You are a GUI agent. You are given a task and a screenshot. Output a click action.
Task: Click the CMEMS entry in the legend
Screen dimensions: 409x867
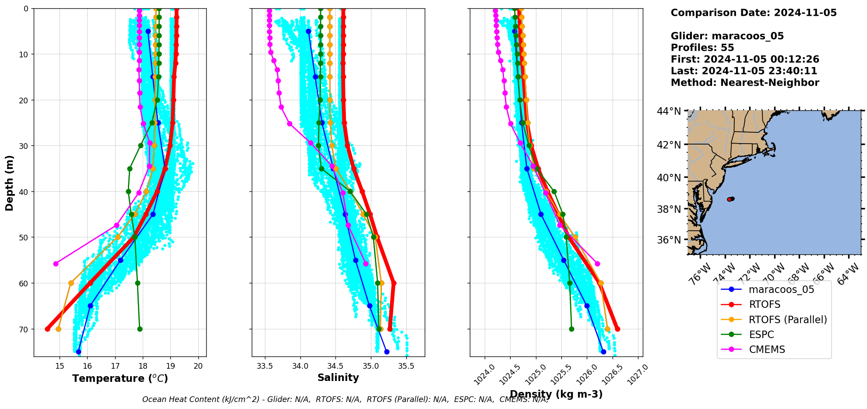coord(767,349)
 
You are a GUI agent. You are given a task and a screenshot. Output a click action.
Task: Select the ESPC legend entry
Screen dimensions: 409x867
coord(761,335)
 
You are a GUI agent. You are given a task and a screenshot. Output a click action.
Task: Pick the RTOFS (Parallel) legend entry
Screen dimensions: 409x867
coord(788,320)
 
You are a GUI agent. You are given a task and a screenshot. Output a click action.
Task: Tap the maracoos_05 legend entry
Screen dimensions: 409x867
coord(781,289)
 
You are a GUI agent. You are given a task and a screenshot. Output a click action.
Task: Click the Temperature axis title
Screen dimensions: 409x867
coord(120,378)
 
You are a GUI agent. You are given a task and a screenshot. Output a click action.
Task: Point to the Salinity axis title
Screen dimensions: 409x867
coord(338,377)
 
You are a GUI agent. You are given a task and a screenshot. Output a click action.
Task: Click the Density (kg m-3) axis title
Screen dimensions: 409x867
coord(556,394)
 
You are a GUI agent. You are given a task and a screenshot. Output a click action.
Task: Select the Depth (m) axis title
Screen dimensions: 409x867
coord(10,183)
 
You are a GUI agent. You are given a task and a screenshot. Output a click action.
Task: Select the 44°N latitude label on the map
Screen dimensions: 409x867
coord(669,111)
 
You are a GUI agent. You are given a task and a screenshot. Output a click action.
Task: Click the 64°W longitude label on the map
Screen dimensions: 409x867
coord(849,277)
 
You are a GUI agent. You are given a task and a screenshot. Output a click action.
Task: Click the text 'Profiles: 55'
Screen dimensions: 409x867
coord(702,48)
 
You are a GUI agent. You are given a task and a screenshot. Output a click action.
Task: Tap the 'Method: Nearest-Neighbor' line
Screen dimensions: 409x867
coord(745,83)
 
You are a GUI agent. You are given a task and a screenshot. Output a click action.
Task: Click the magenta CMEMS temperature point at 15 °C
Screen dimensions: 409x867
coord(56,264)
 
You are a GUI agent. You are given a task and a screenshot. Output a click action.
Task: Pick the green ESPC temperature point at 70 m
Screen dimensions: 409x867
coord(140,329)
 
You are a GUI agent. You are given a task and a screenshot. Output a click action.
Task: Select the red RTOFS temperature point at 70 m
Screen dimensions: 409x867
coord(47,329)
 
